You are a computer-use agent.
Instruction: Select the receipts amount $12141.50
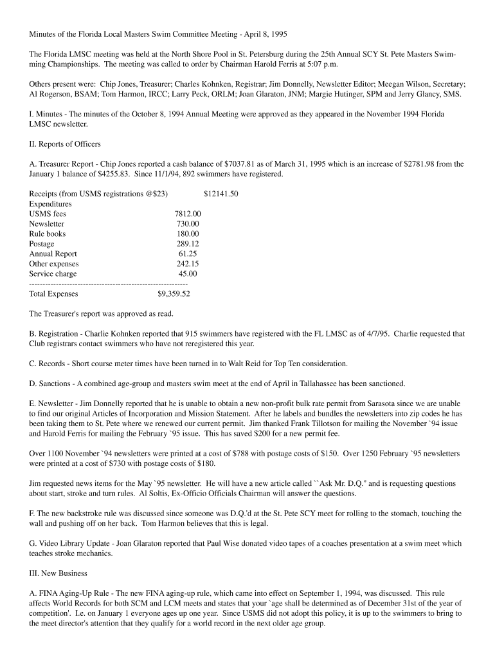(x=221, y=193)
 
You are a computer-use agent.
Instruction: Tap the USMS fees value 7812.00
(x=187, y=214)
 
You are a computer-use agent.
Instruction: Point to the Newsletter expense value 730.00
(x=188, y=224)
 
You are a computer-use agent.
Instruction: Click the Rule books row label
(x=47, y=234)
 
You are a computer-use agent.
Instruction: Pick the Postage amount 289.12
(x=188, y=244)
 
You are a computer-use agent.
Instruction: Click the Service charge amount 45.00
(x=188, y=274)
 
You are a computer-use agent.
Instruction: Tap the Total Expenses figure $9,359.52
(x=174, y=294)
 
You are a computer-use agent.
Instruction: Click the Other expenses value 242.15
(x=188, y=264)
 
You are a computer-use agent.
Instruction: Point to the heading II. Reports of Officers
(x=64, y=144)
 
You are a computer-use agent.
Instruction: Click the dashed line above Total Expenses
(x=108, y=284)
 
